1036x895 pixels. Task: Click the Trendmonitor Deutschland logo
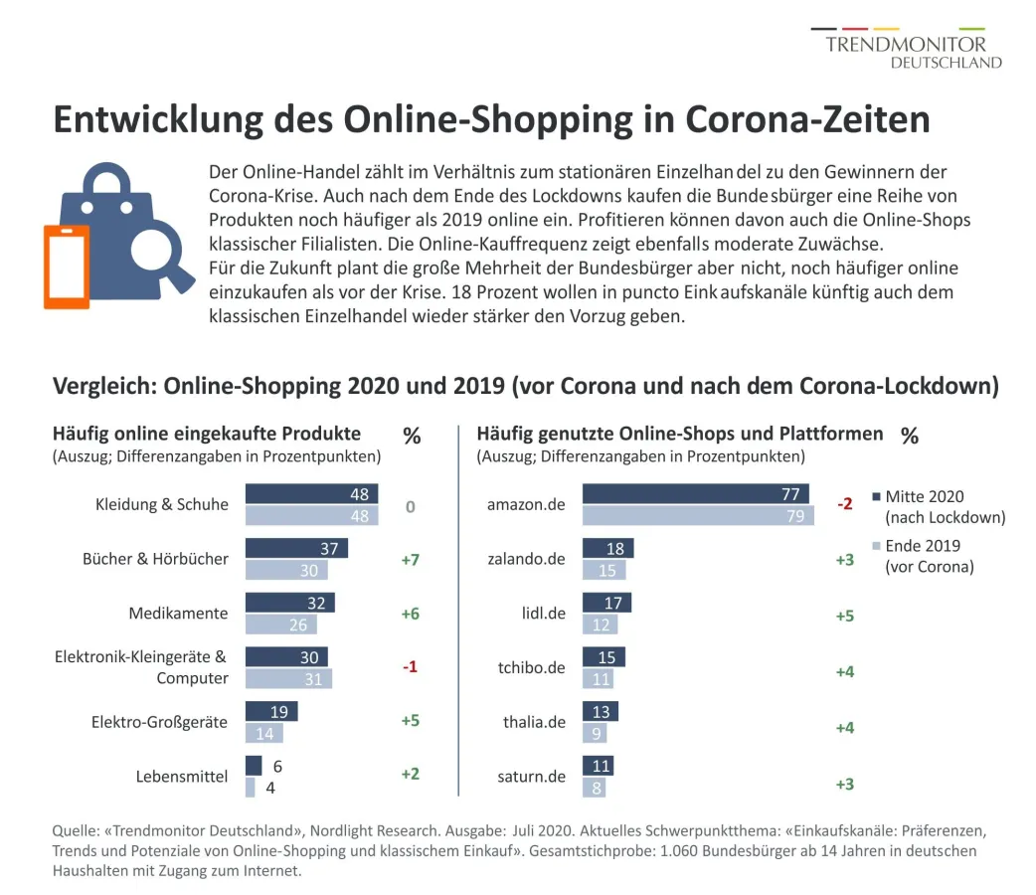906,50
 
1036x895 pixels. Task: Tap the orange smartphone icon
66,267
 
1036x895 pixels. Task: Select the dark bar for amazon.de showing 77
695,494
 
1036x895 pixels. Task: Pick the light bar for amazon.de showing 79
698,515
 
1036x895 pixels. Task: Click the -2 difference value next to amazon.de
844,504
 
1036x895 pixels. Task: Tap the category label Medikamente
178,613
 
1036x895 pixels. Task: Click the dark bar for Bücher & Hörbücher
296,548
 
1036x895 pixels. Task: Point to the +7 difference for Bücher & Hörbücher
410,560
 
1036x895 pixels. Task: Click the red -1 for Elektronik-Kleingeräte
410,666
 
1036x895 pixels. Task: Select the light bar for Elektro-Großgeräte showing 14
263,733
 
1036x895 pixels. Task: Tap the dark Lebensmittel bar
254,766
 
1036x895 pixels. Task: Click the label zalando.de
526,559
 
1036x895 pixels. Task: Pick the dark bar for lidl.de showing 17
605,602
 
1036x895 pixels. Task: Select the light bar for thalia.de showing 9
594,733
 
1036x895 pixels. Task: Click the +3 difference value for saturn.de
844,784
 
